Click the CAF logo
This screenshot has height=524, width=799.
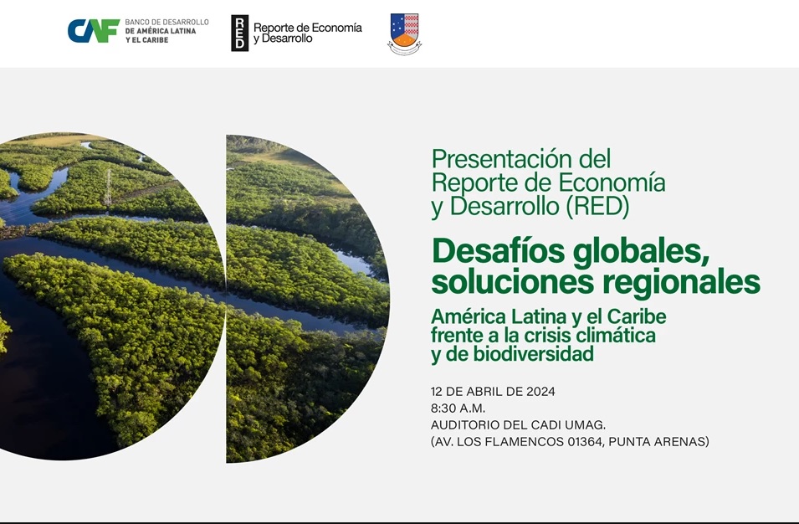[94, 31]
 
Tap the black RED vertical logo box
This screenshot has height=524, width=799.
[240, 33]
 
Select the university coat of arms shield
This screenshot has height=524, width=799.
[405, 33]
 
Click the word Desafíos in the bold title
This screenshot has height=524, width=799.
[499, 251]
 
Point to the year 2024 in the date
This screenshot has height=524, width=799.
[541, 392]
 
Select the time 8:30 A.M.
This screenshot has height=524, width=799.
[458, 408]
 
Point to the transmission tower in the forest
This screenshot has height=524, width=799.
[108, 187]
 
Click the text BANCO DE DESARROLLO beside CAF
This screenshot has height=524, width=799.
[166, 23]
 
